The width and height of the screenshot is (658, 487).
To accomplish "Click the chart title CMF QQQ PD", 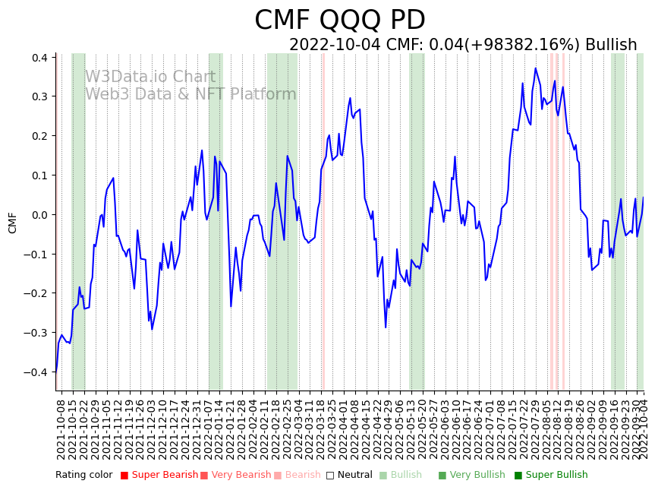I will [x=339, y=21].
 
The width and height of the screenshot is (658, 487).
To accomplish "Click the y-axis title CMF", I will [x=12, y=223].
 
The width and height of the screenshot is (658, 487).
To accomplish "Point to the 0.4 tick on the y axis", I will [x=39, y=58].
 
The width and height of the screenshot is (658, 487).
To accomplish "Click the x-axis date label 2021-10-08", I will [x=61, y=427].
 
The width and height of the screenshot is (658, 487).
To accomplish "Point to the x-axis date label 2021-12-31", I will [x=197, y=427].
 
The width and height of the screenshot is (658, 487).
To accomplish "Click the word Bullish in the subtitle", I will [x=611, y=45].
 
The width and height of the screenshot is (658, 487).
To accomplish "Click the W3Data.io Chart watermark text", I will [x=150, y=77].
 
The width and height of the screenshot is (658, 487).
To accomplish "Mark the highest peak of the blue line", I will [x=535, y=68].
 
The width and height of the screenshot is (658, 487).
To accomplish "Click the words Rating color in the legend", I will [x=83, y=475].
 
